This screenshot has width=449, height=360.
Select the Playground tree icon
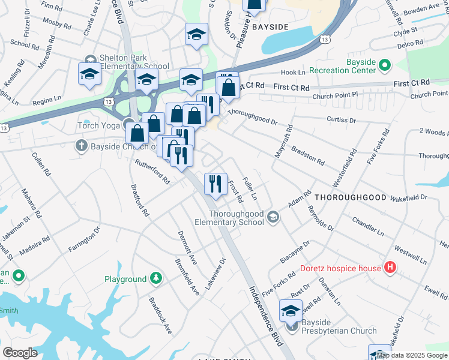click(x=156, y=279)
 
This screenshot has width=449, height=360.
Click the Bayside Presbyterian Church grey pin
click(x=292, y=327)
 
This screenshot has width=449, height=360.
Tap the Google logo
click(x=20, y=352)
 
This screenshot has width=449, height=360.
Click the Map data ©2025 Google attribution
click(x=412, y=355)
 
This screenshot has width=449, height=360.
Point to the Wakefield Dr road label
click(x=408, y=197)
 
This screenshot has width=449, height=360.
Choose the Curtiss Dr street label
click(x=340, y=120)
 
